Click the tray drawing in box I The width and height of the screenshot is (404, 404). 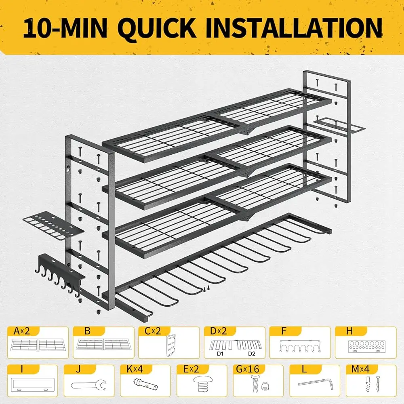(x=32, y=385)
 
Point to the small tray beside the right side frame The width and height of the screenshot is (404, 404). (x=338, y=124)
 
